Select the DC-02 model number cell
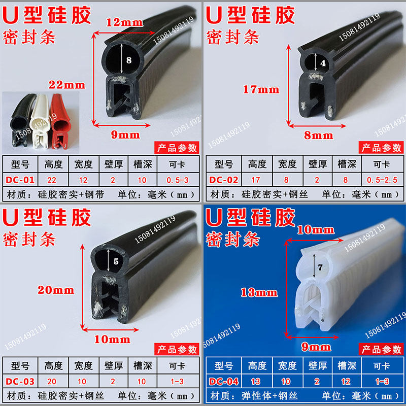point(223,180)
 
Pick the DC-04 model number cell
point(223,381)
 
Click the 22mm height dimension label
point(67,85)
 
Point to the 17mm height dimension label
point(261,90)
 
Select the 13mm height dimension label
point(259,292)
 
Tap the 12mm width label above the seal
point(124,22)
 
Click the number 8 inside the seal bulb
point(128,60)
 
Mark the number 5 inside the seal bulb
point(115,262)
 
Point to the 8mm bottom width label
point(318,136)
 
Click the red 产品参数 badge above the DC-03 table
point(176,349)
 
